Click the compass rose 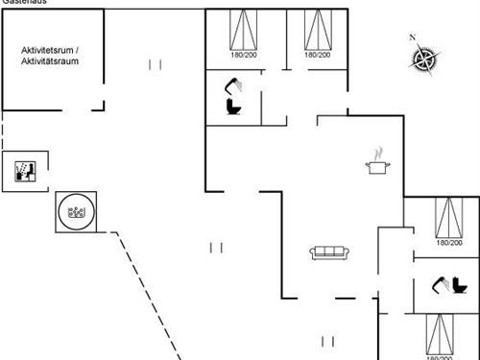[423, 60]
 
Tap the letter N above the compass [413, 37]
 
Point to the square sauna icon [24, 171]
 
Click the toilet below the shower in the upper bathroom [232, 108]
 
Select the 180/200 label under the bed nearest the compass [318, 55]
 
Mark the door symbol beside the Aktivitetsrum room [156, 64]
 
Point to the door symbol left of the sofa [216, 248]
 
